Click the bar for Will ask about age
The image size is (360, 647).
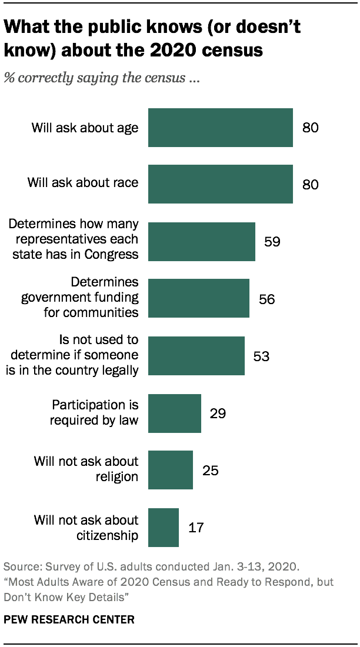coord(220,128)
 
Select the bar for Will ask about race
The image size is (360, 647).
coord(220,184)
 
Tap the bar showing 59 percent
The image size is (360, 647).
coord(201,241)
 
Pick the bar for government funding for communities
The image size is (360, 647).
coord(198,298)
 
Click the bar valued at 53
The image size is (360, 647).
coord(196,356)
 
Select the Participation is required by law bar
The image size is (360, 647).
coord(174,413)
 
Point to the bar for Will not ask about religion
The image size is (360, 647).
coord(170,470)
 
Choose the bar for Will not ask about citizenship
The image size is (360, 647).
coord(163,527)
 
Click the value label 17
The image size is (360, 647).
coord(196,528)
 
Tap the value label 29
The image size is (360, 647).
coord(218,413)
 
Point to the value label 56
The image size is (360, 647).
coord(266,299)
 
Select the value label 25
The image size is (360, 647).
coord(210,470)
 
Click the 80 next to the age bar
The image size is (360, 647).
coord(310,128)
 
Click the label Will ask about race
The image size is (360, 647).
coord(83,182)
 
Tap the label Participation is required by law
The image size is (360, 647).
coord(95,412)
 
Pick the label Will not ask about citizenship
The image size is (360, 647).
coord(86,527)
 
